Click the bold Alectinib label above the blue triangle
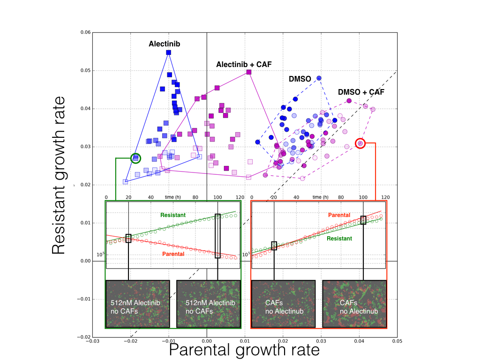coord(165,44)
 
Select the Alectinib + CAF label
coord(244,64)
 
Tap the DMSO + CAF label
coord(361,92)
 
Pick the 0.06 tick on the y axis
coord(85,33)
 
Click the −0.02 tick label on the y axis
coord(84,337)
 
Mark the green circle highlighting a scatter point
coord(135,158)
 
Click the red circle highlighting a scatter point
coord(360,143)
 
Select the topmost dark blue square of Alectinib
coord(169,52)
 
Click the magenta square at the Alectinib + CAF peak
coord(249,72)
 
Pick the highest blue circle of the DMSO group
coord(319,78)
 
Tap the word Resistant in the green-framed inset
coord(173,215)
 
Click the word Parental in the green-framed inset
coord(173,254)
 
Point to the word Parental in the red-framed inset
coord(339,215)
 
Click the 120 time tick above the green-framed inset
coord(240,197)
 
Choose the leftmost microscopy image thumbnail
coord(138,304)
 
